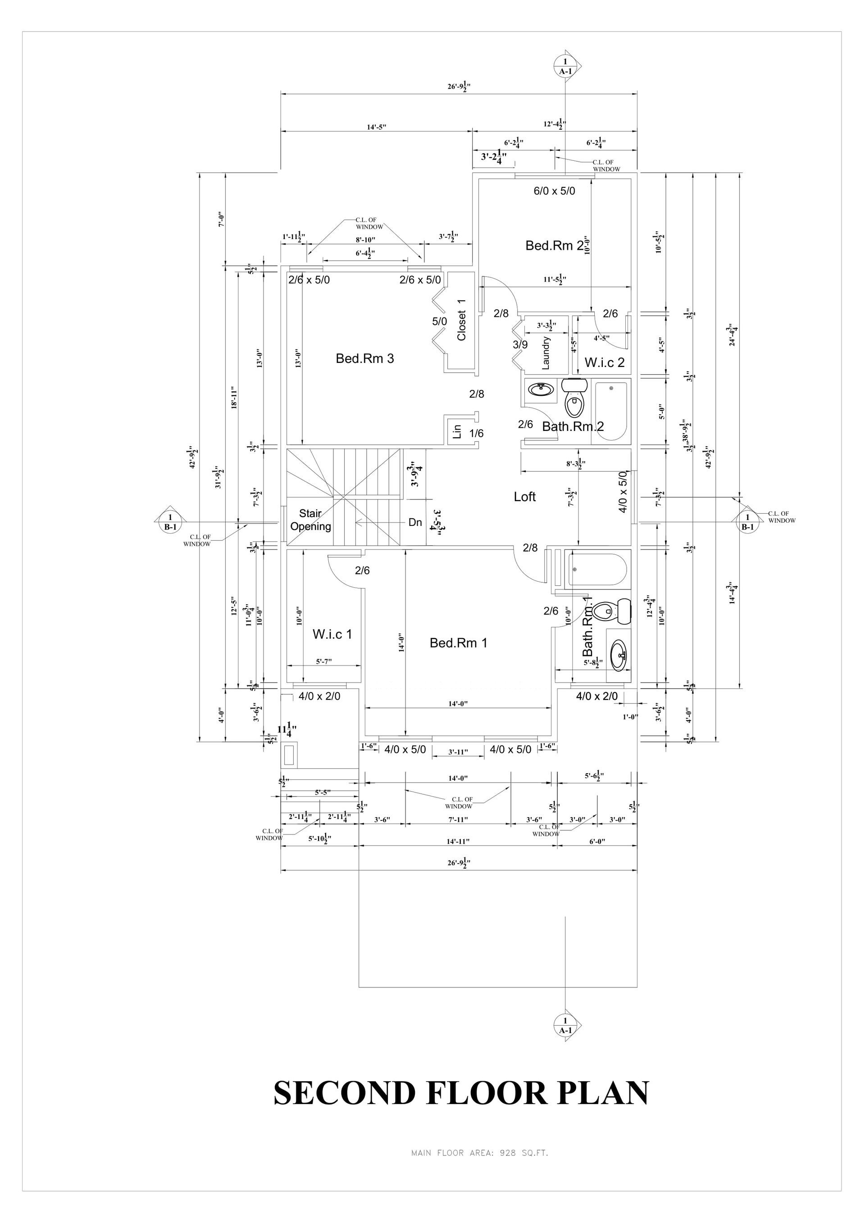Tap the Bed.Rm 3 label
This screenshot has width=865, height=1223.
click(364, 358)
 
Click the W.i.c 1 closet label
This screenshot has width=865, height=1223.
click(332, 634)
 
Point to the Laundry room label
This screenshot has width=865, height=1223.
click(546, 353)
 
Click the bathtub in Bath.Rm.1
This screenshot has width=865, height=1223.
click(597, 570)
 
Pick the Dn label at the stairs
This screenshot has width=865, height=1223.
click(415, 522)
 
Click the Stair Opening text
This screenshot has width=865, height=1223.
click(310, 520)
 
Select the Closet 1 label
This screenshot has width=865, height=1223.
click(461, 320)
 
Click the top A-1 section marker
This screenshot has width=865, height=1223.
click(565, 66)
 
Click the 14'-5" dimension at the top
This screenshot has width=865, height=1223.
click(376, 127)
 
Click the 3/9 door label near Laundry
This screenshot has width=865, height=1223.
click(520, 344)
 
